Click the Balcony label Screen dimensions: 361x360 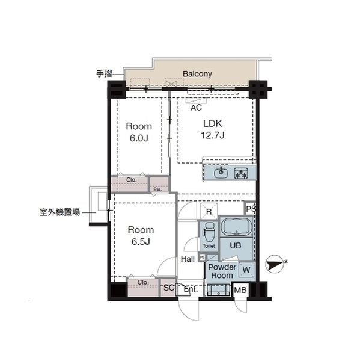pos(197,74)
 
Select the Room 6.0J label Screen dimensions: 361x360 pos(138,132)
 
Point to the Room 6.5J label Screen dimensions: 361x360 pos(140,235)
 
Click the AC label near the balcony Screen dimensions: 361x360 pos(195,108)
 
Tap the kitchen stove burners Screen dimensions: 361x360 pos(242,174)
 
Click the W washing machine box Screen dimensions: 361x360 pos(246,268)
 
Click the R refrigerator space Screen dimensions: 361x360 pos(209,211)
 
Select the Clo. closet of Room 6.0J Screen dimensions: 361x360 pos(130,180)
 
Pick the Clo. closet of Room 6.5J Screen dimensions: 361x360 pos(143,282)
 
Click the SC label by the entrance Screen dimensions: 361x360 pos(169,288)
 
